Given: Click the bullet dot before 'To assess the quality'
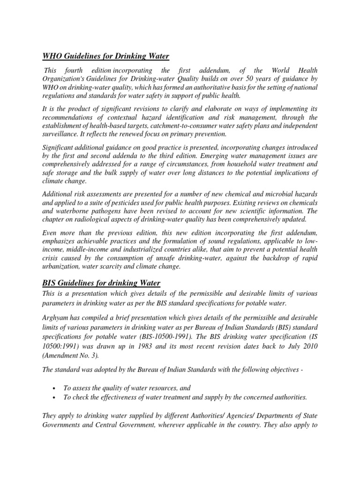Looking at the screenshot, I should pyautogui.click(x=57, y=388).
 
